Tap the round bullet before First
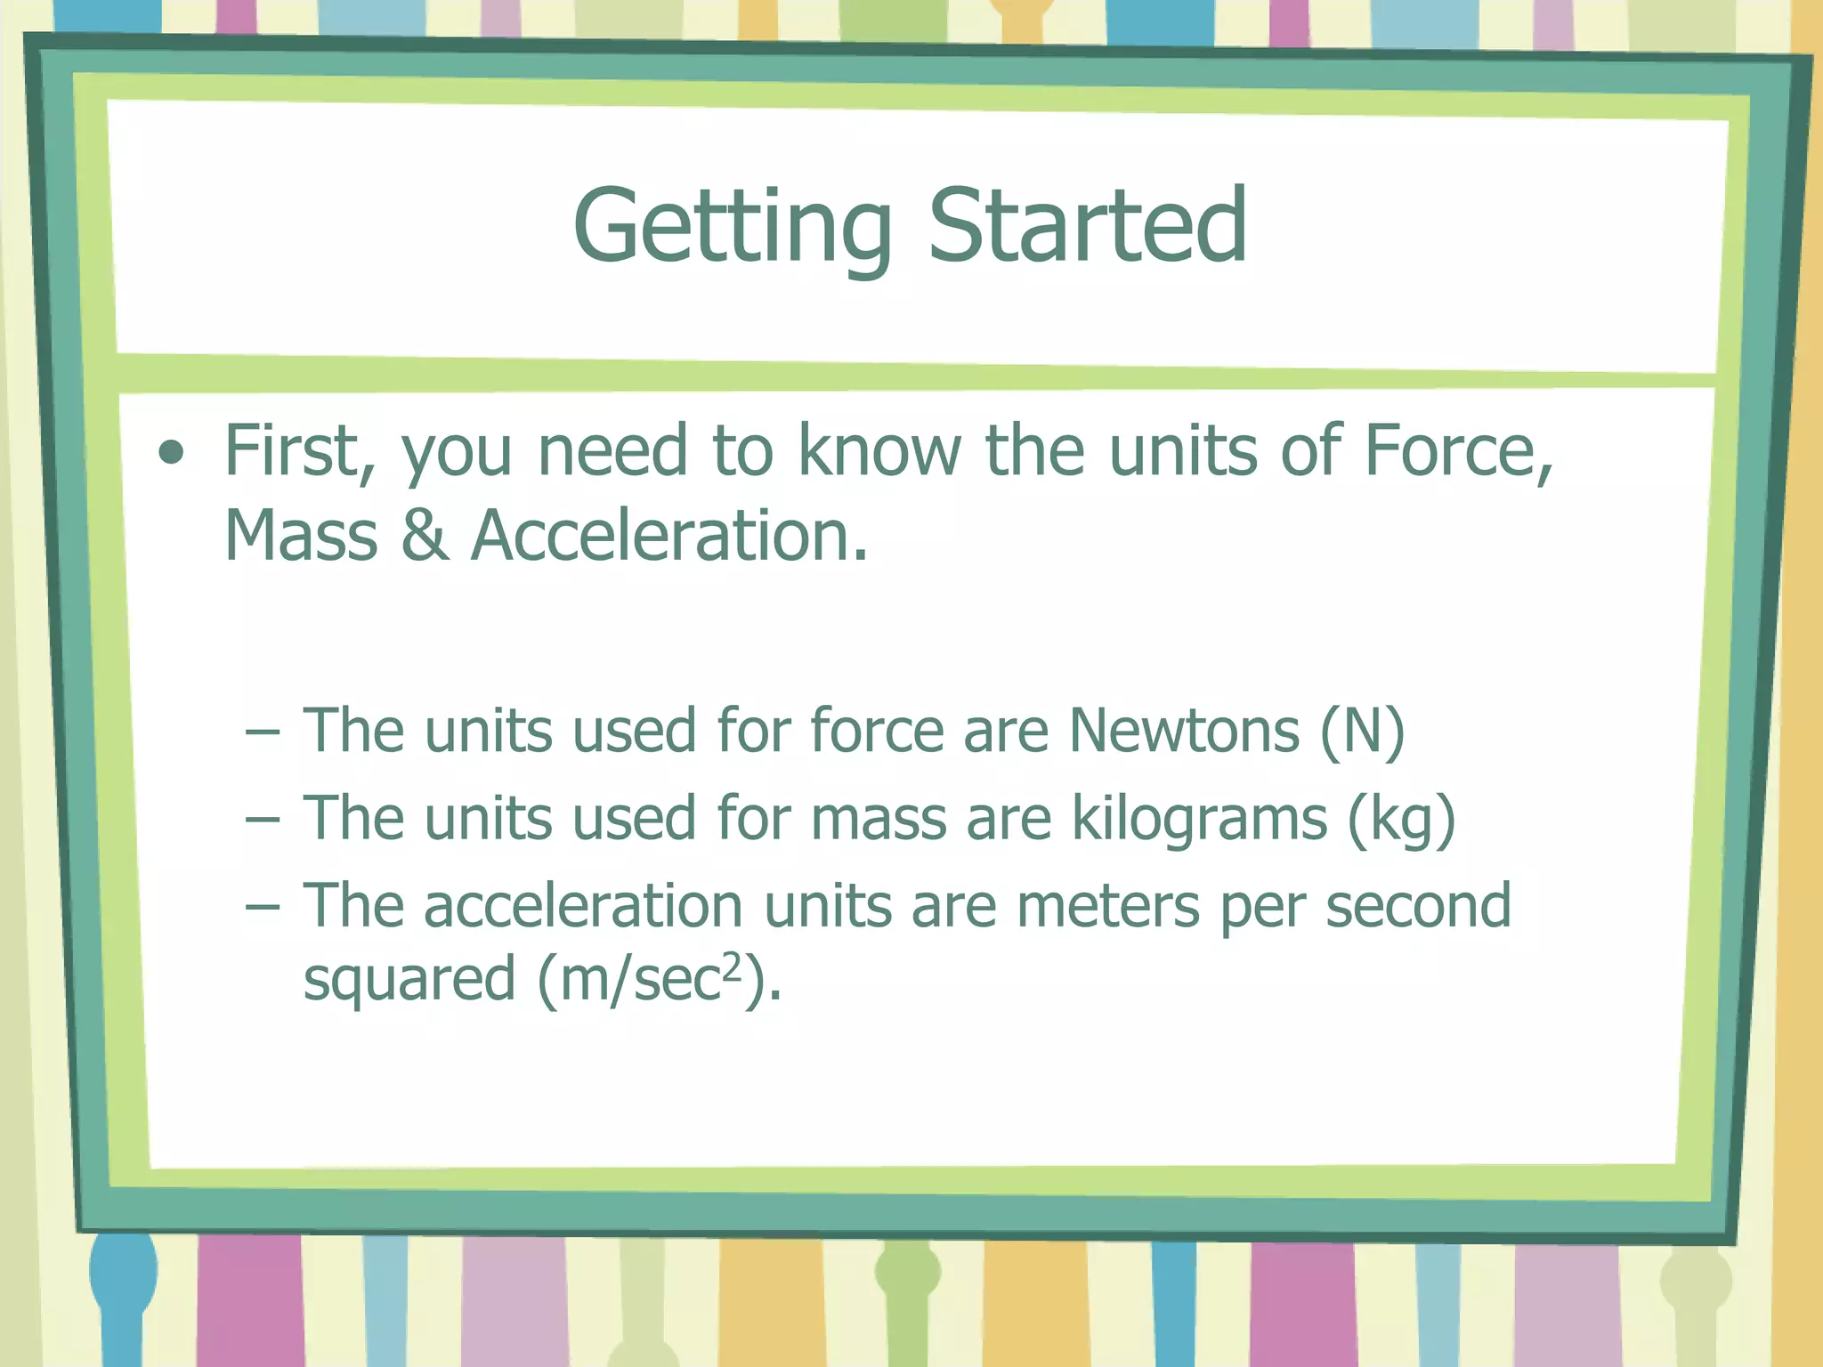pyautogui.click(x=171, y=454)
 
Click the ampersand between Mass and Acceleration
pyautogui.click(x=425, y=536)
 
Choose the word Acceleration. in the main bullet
pyautogui.click(x=669, y=536)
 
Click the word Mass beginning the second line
pyautogui.click(x=301, y=536)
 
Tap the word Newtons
pyautogui.click(x=1184, y=732)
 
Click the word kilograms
pyautogui.click(x=1199, y=818)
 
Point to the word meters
pyautogui.click(x=1108, y=907)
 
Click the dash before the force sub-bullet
pyautogui.click(x=263, y=733)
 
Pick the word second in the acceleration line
pyautogui.click(x=1418, y=906)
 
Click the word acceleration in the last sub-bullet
pyautogui.click(x=583, y=906)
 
